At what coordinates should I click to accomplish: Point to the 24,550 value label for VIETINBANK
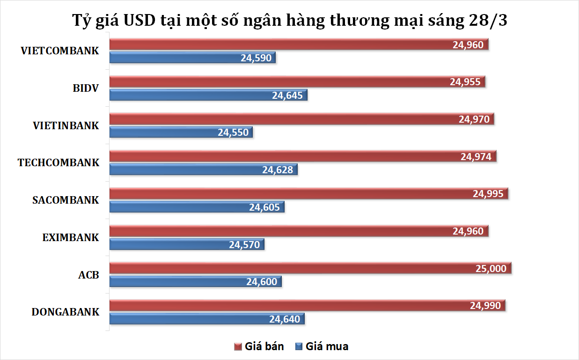click(x=233, y=132)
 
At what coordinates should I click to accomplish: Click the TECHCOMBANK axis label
click(x=59, y=163)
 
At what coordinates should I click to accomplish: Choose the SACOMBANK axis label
click(x=66, y=200)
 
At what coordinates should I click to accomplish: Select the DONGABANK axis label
click(x=66, y=312)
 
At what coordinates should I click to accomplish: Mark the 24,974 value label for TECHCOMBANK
click(x=476, y=156)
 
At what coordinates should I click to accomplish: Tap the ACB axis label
click(x=88, y=275)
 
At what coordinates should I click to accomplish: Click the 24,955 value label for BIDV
click(x=465, y=81)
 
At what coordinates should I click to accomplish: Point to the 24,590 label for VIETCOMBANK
click(x=256, y=58)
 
